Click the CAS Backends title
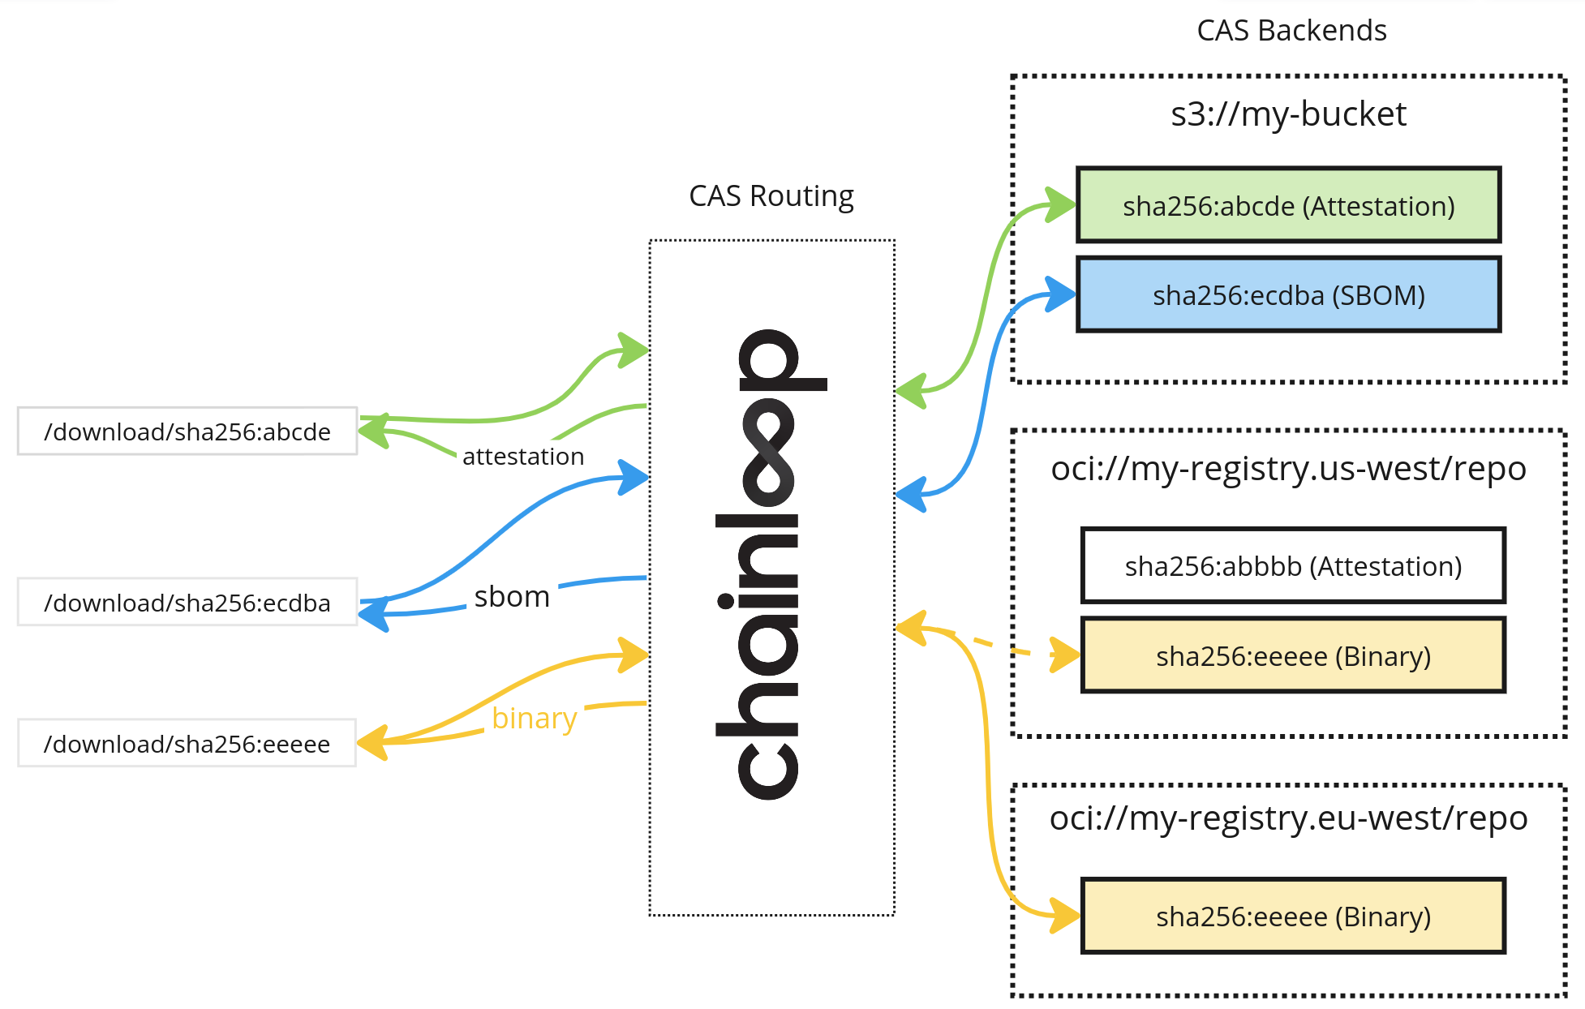tap(1291, 31)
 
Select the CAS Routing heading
tap(771, 196)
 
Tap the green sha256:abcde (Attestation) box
tap(1288, 205)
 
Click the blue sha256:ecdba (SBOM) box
tap(1288, 294)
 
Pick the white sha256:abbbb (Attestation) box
tap(1293, 565)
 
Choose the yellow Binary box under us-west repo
tap(1293, 655)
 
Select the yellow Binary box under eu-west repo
tap(1293, 916)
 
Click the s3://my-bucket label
tap(1288, 114)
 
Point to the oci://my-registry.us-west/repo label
tap(1288, 469)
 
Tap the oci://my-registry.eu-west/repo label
tap(1288, 818)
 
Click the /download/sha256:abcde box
tap(187, 432)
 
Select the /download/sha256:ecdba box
tap(187, 603)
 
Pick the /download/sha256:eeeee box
tap(187, 744)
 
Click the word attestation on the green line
tap(523, 457)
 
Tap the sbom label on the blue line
tap(512, 597)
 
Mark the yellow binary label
tap(534, 719)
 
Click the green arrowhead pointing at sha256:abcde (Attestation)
tap(1059, 204)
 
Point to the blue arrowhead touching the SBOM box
tap(1059, 294)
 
